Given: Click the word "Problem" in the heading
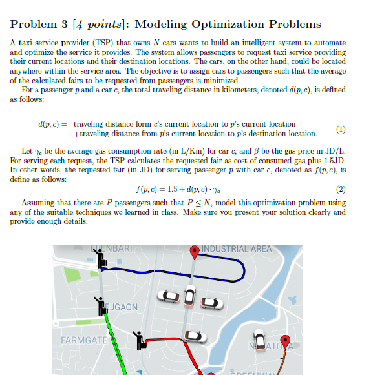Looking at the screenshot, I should click(35, 25).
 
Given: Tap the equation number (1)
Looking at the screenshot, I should click(341, 128).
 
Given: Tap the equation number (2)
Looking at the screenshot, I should click(341, 189).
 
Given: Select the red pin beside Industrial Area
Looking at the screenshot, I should click(195, 252).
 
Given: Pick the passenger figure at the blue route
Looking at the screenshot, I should click(101, 259).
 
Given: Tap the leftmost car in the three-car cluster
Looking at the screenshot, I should click(169, 297).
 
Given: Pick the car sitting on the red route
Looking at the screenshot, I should click(192, 336).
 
